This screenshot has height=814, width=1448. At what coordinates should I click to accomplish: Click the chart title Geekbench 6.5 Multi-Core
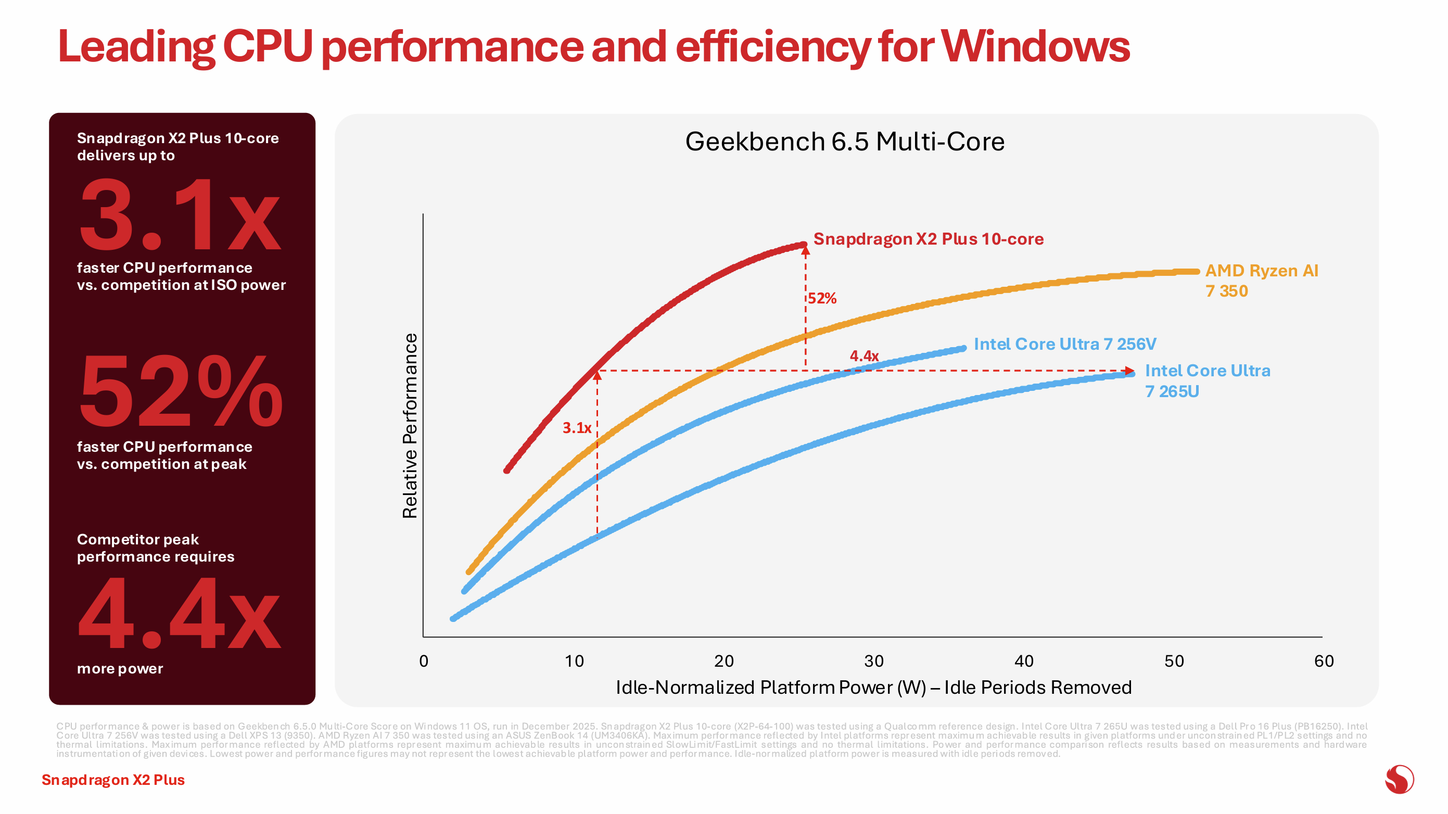pos(844,142)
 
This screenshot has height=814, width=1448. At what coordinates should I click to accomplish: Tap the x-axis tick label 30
pos(873,661)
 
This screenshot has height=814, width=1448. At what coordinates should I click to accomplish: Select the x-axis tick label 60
pos(1324,661)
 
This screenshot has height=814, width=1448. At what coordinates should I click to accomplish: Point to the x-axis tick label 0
pos(424,661)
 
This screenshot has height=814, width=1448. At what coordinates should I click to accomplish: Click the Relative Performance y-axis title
pos(410,426)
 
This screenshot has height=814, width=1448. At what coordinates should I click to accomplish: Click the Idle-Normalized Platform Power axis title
pos(873,688)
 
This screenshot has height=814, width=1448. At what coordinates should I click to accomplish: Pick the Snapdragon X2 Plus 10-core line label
pos(928,239)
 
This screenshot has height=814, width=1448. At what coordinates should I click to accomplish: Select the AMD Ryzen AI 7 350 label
pos(1261,281)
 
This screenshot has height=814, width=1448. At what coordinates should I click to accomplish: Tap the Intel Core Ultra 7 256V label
pos(1064,344)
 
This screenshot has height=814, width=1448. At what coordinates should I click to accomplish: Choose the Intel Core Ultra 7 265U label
pos(1207,380)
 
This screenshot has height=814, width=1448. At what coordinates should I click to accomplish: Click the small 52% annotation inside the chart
pos(822,299)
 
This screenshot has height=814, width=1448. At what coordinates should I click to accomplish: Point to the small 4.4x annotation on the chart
pos(864,356)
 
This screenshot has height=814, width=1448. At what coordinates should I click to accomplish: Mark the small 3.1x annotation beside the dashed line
pos(577,428)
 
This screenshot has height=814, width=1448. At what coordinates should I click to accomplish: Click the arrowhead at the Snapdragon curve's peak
pos(806,251)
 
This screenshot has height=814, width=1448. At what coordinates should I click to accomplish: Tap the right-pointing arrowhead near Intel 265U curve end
pos(1129,371)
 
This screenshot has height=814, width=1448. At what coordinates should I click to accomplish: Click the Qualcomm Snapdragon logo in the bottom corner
pos(1399,780)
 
